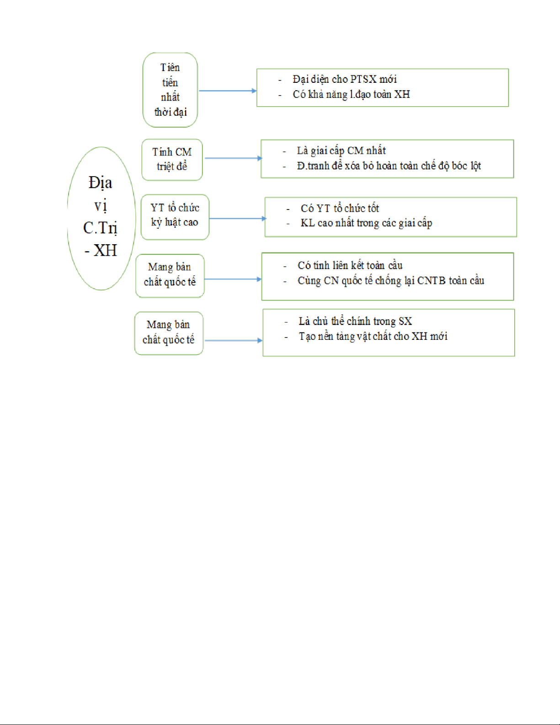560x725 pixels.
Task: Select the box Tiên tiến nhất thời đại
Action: (170, 90)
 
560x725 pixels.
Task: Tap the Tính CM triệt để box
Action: (172, 160)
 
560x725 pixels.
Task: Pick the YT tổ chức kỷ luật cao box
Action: (175, 217)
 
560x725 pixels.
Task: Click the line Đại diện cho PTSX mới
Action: (345, 80)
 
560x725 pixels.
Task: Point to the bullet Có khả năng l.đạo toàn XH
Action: (352, 94)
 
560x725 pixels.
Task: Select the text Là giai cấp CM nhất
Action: (341, 151)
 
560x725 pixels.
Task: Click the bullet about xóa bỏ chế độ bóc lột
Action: (389, 166)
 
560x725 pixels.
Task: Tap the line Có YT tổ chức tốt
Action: (340, 208)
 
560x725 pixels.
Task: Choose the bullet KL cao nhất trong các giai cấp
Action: (366, 223)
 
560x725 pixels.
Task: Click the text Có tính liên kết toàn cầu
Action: (350, 266)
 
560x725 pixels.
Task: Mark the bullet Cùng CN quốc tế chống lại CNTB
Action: (391, 281)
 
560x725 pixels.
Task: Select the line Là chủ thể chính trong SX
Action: (355, 321)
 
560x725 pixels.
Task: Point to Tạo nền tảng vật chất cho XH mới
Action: (373, 336)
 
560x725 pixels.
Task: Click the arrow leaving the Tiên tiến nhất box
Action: (228, 91)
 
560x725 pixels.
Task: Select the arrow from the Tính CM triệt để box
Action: (233, 158)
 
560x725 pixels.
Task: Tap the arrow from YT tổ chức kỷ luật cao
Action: (238, 219)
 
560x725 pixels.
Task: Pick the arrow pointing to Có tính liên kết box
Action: (233, 279)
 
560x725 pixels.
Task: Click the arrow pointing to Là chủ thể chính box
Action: (234, 340)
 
